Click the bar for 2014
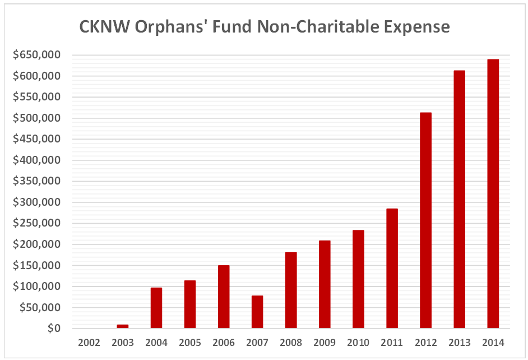coord(493,193)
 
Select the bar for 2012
coord(425,220)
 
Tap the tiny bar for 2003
coord(123,326)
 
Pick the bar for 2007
coord(257,312)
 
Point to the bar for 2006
coord(224,297)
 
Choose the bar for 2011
coord(392,268)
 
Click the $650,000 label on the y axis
coord(38,55)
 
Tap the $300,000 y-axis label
coord(38,202)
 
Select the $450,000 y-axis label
coord(38,139)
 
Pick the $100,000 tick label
coord(38,287)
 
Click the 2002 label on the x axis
coord(89,343)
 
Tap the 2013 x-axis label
coord(459,343)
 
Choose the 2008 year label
coord(291,343)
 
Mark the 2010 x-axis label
coord(358,343)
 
